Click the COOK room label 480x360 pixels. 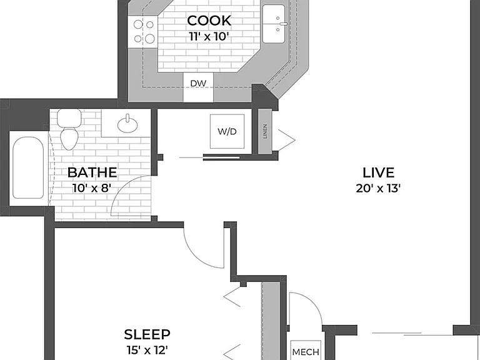tap(209, 21)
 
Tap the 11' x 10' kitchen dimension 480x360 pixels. tap(209, 37)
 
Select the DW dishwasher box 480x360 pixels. tap(198, 87)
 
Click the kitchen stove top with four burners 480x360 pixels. tap(143, 32)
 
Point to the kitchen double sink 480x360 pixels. tap(274, 24)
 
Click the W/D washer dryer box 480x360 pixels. tap(227, 131)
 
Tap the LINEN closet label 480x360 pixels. tap(265, 131)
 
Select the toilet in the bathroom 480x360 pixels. tap(69, 129)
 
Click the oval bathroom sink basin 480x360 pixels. tap(127, 124)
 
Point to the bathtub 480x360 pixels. tap(28, 167)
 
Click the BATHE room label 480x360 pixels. tap(92, 172)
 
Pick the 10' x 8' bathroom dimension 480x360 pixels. tap(92, 188)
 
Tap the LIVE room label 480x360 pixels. tap(378, 173)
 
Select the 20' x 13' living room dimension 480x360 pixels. tap(378, 188)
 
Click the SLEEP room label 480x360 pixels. tap(147, 334)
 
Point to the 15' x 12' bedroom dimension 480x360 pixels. tap(147, 349)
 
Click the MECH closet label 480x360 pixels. tap(306, 352)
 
